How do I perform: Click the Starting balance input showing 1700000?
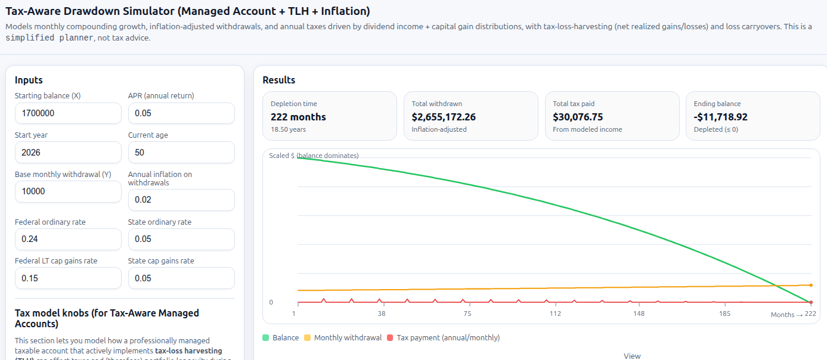click(68, 113)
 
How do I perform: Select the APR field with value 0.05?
click(181, 113)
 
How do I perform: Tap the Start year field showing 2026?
click(68, 153)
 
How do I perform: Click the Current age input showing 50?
click(181, 153)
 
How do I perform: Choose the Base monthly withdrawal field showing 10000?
click(68, 192)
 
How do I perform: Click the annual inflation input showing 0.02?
click(181, 200)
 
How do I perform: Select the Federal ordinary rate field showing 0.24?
click(68, 239)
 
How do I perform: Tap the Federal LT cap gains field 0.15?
click(68, 278)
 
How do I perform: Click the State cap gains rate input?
click(181, 278)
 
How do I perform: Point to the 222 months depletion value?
click(298, 117)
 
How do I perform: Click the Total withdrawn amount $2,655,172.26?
click(444, 117)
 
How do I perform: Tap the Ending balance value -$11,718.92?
click(720, 117)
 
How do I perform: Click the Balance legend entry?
click(281, 338)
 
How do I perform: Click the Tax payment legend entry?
click(443, 338)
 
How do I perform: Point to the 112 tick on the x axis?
click(555, 314)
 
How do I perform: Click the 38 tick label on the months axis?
click(381, 314)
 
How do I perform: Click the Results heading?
click(278, 80)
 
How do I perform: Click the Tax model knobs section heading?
click(107, 318)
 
